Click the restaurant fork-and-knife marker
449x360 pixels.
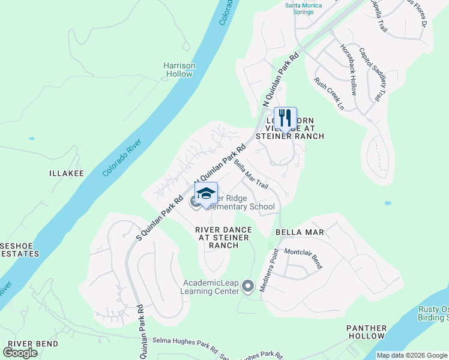point(285,118)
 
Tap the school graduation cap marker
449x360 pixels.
point(206,194)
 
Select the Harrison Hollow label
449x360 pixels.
point(179,70)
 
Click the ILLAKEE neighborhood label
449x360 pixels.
point(66,173)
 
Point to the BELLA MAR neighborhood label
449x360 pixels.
point(300,232)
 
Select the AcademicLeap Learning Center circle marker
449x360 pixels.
point(248,289)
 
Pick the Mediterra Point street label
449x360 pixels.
point(267,271)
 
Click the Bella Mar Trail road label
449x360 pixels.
point(251,173)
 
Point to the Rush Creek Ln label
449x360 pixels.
point(329,94)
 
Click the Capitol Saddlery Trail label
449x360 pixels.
point(373,74)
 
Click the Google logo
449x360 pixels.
point(20,352)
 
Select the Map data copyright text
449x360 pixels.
point(412,355)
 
